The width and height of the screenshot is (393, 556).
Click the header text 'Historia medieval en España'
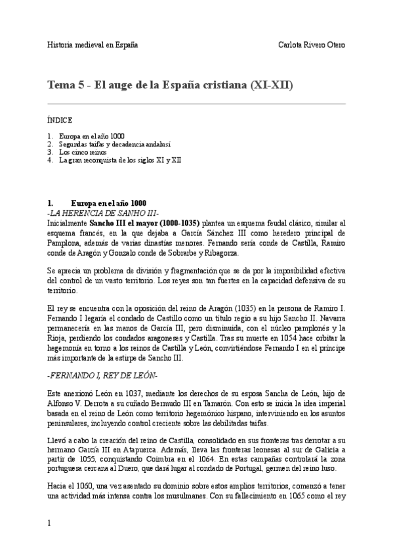[93, 45]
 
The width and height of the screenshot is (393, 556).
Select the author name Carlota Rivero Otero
[312, 45]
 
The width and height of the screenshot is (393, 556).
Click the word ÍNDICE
[60, 121]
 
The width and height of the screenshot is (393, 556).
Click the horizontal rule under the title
[196, 104]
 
